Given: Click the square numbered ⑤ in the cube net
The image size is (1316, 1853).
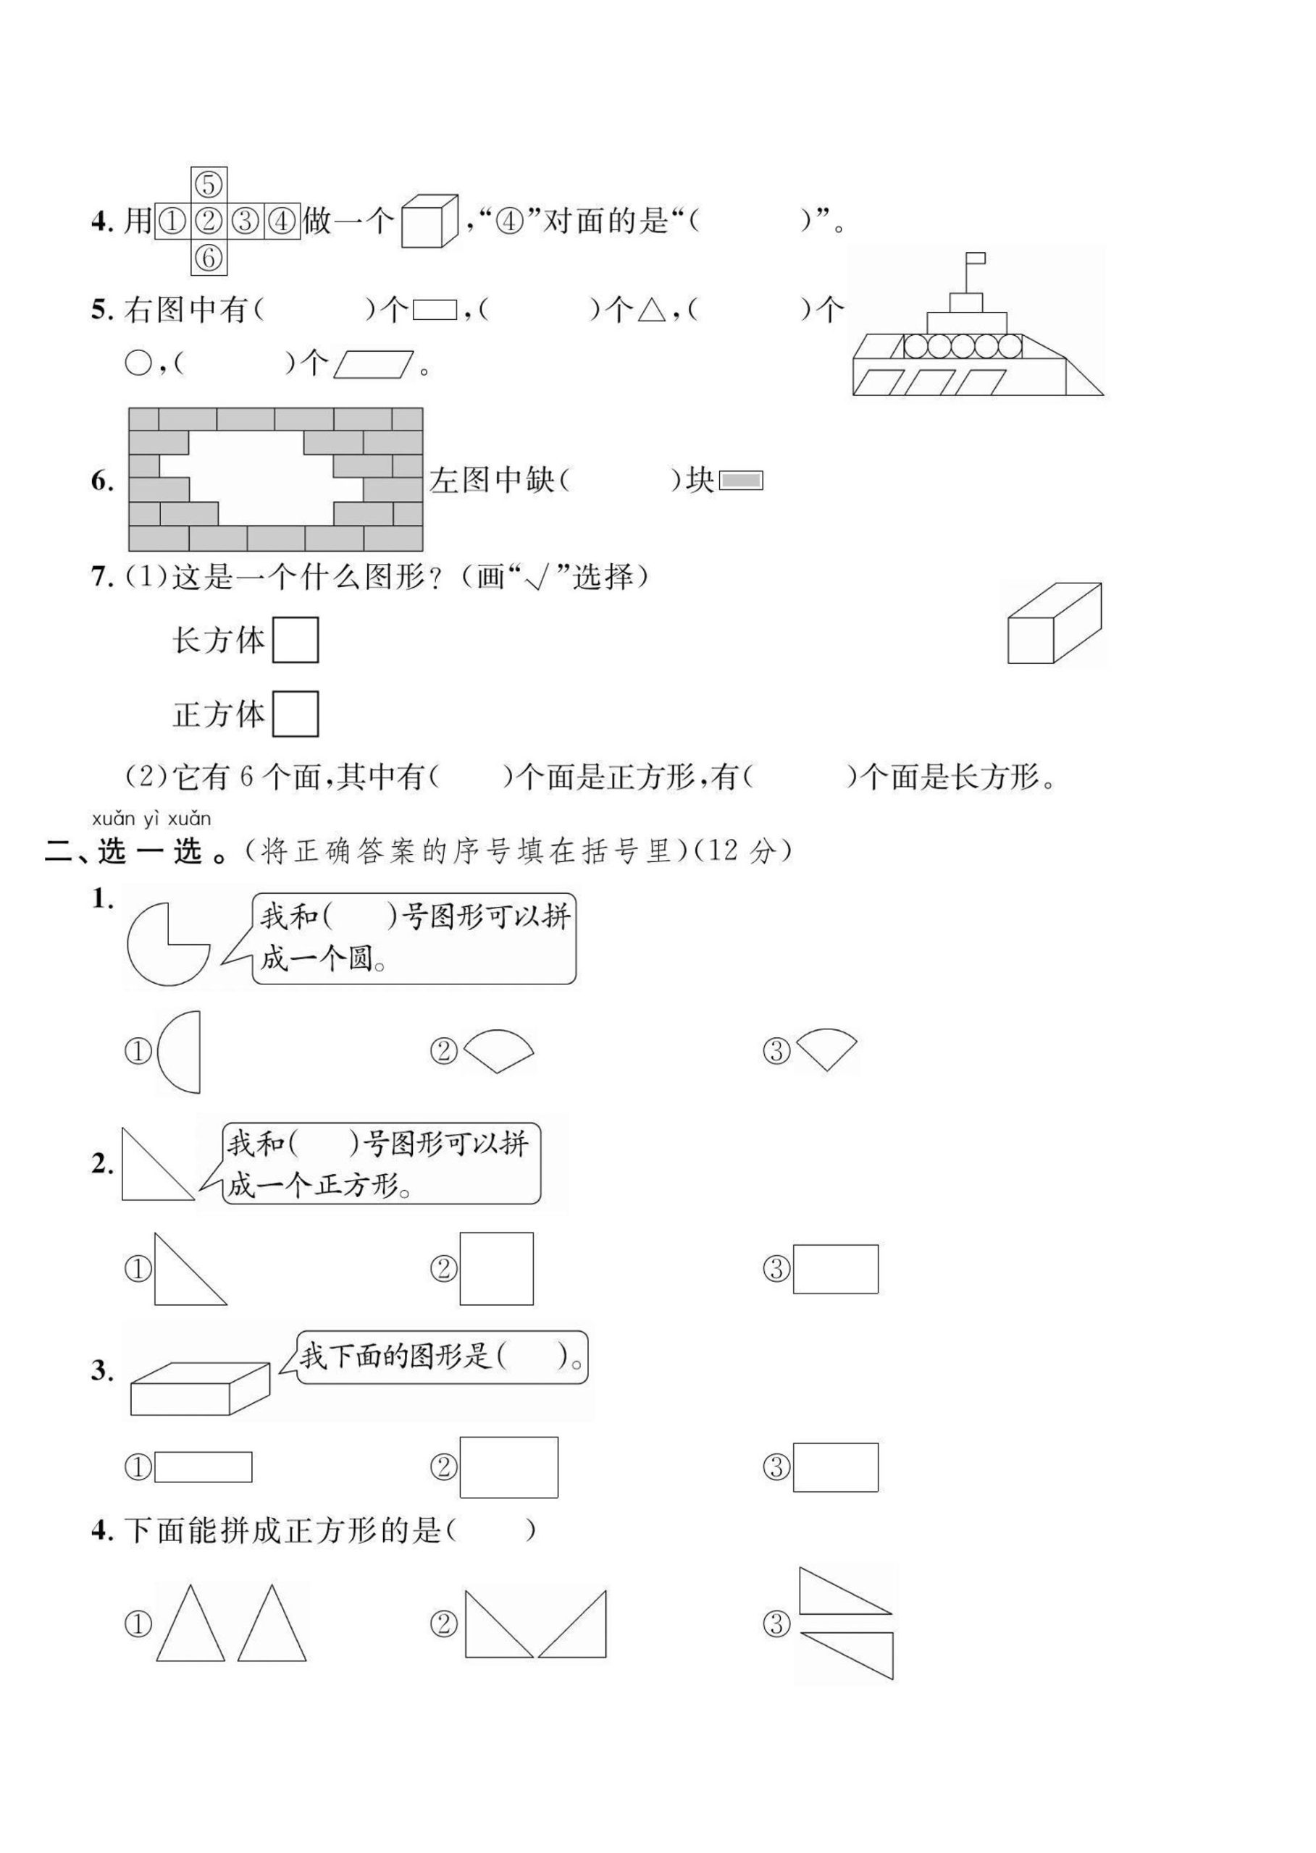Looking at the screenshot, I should tap(209, 185).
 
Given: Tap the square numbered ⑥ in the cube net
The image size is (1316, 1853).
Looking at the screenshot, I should tap(209, 258).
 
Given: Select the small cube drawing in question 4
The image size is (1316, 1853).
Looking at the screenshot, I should tap(429, 220).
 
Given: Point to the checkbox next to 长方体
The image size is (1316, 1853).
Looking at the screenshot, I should tap(295, 640).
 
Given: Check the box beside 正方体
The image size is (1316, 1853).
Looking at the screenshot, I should tap(295, 714).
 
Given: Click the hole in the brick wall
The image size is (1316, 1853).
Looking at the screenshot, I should tap(259, 478).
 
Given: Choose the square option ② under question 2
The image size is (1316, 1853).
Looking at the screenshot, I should tap(496, 1268).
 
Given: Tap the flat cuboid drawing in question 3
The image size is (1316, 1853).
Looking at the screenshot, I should tap(199, 1389).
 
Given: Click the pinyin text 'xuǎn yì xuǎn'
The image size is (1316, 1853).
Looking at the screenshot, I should tap(151, 819).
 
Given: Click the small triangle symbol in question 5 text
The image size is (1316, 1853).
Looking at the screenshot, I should tap(650, 311).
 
